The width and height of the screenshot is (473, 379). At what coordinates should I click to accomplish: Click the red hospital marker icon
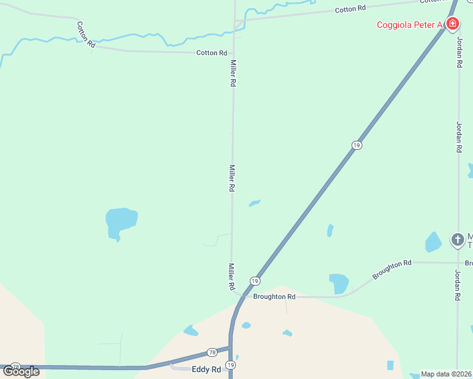point(452,25)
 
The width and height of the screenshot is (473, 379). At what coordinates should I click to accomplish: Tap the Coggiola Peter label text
point(409,25)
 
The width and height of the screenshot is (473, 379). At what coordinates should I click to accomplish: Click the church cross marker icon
point(457,240)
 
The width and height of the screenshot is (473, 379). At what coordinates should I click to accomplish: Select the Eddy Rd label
point(206,370)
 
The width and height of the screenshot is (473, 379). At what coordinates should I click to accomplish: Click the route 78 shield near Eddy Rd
point(212,352)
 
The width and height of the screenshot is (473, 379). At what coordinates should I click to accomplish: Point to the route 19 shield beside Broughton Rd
point(254,280)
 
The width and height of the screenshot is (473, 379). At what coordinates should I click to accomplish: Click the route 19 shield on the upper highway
point(357,145)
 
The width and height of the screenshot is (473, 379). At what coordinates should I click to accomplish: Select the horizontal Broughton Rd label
point(274,296)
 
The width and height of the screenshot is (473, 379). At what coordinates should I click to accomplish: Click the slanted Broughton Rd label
point(392,270)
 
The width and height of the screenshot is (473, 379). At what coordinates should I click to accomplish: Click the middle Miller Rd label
point(232,178)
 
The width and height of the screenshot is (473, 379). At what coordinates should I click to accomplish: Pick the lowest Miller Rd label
point(232,277)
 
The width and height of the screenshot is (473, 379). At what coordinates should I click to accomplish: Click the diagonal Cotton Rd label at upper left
point(85,35)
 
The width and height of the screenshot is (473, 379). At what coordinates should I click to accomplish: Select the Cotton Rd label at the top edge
point(350,9)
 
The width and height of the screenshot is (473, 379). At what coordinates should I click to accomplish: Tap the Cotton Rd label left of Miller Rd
point(211,53)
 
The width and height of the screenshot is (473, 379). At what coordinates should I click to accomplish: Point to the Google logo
point(21,371)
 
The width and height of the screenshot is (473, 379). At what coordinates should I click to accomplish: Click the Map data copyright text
point(446,374)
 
